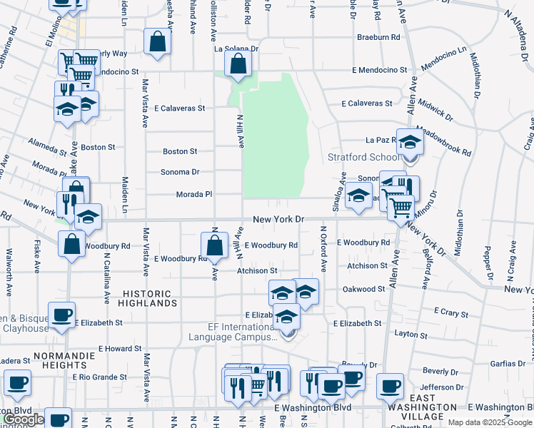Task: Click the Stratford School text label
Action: pyautogui.click(x=363, y=157)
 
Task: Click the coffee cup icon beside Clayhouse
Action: pyautogui.click(x=61, y=315)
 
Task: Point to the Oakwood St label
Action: pyautogui.click(x=363, y=289)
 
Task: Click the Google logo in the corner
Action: pyautogui.click(x=24, y=420)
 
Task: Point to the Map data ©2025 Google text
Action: pyautogui.click(x=489, y=422)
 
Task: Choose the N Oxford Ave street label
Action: pyautogui.click(x=323, y=248)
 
